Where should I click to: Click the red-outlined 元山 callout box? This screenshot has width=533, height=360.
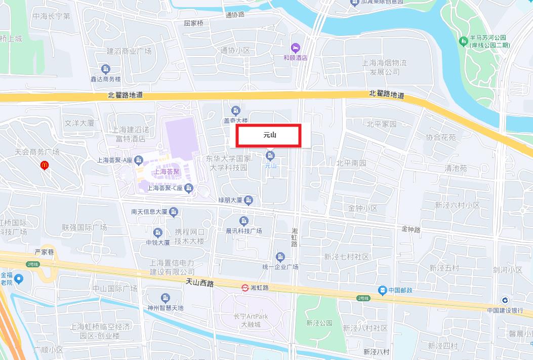[269, 136]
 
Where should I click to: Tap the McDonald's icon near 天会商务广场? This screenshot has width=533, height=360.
[44, 165]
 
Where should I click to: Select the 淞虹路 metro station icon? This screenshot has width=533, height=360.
[244, 288]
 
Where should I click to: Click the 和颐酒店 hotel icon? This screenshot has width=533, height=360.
[296, 48]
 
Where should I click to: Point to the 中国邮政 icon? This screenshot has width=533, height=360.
[382, 290]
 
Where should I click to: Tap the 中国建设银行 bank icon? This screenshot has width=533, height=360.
[505, 301]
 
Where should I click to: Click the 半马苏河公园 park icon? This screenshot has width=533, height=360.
[462, 41]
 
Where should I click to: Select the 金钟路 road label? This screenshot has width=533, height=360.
[411, 229]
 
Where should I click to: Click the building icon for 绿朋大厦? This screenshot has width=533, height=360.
[248, 201]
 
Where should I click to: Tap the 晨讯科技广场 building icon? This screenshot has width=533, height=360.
[244, 221]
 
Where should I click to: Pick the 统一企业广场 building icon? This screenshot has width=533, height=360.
[280, 257]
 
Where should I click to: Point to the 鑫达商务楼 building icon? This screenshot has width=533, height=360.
[106, 69]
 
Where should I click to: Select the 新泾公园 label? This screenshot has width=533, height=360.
[319, 323]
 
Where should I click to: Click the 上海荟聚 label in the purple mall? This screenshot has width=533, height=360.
[167, 172]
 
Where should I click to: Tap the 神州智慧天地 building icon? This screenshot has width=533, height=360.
[165, 298]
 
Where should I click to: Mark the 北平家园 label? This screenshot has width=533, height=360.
[382, 124]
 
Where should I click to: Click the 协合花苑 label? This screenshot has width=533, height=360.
[440, 137]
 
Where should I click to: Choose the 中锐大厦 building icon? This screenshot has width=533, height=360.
[158, 232]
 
